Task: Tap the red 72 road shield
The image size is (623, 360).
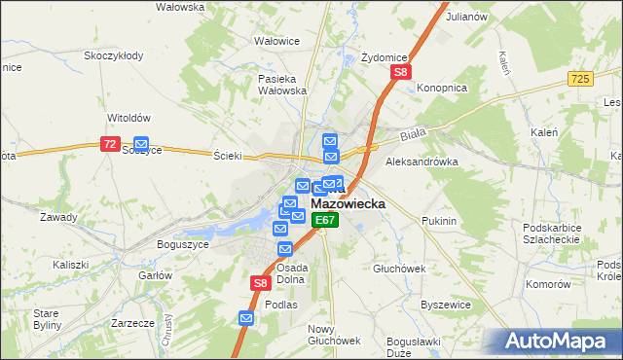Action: (x=110, y=144)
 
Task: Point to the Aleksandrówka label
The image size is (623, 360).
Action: (x=421, y=162)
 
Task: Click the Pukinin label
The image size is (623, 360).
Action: (x=439, y=222)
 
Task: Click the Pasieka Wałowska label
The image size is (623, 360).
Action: (x=282, y=85)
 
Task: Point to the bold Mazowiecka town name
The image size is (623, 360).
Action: (x=348, y=205)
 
